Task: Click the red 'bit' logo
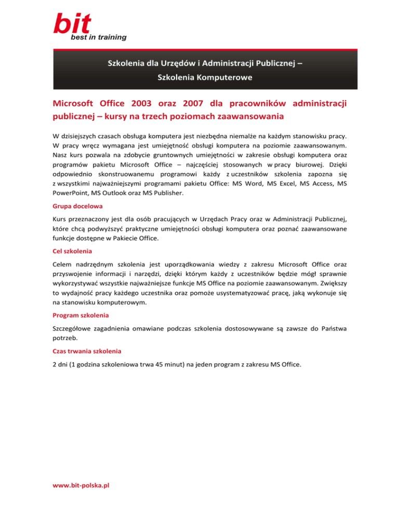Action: tap(72, 23)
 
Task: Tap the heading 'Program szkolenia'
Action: tap(81, 315)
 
